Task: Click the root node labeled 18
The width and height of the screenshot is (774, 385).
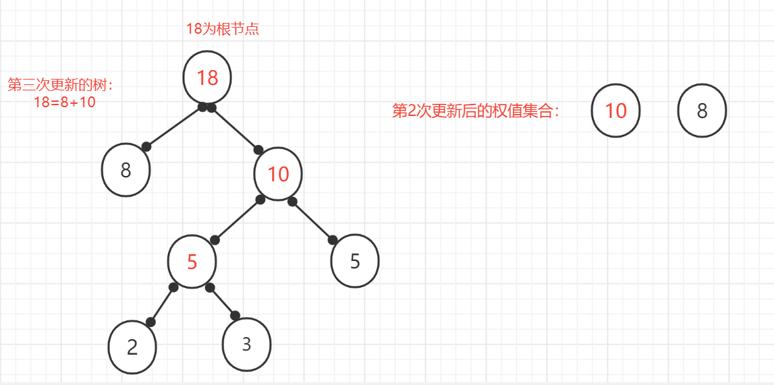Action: point(207,78)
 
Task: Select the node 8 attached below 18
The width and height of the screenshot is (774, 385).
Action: point(126,171)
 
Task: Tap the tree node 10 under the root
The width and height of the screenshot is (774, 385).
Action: point(278,174)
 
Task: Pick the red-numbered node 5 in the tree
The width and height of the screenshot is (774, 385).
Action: point(192,262)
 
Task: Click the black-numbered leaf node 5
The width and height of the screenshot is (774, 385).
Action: point(355,262)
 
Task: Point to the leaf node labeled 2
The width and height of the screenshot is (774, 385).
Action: point(132,347)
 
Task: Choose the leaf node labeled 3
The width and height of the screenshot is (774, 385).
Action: point(247,344)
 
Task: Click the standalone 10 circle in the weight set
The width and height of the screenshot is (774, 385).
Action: point(615,111)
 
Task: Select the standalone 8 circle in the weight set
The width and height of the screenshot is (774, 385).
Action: point(702,111)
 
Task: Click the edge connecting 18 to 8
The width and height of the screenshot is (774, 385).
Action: point(173,127)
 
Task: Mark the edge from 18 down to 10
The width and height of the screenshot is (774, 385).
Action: point(235,127)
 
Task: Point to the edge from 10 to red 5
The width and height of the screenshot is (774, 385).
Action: point(238,220)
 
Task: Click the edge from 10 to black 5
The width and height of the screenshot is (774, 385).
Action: point(312,221)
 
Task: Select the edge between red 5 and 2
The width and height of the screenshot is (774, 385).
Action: point(162,304)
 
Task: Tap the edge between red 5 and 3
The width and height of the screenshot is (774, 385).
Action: point(223,301)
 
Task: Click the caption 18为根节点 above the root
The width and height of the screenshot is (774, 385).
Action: point(223,28)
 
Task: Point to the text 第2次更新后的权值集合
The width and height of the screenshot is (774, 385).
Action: point(476,111)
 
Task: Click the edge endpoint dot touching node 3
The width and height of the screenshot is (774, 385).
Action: point(235,316)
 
